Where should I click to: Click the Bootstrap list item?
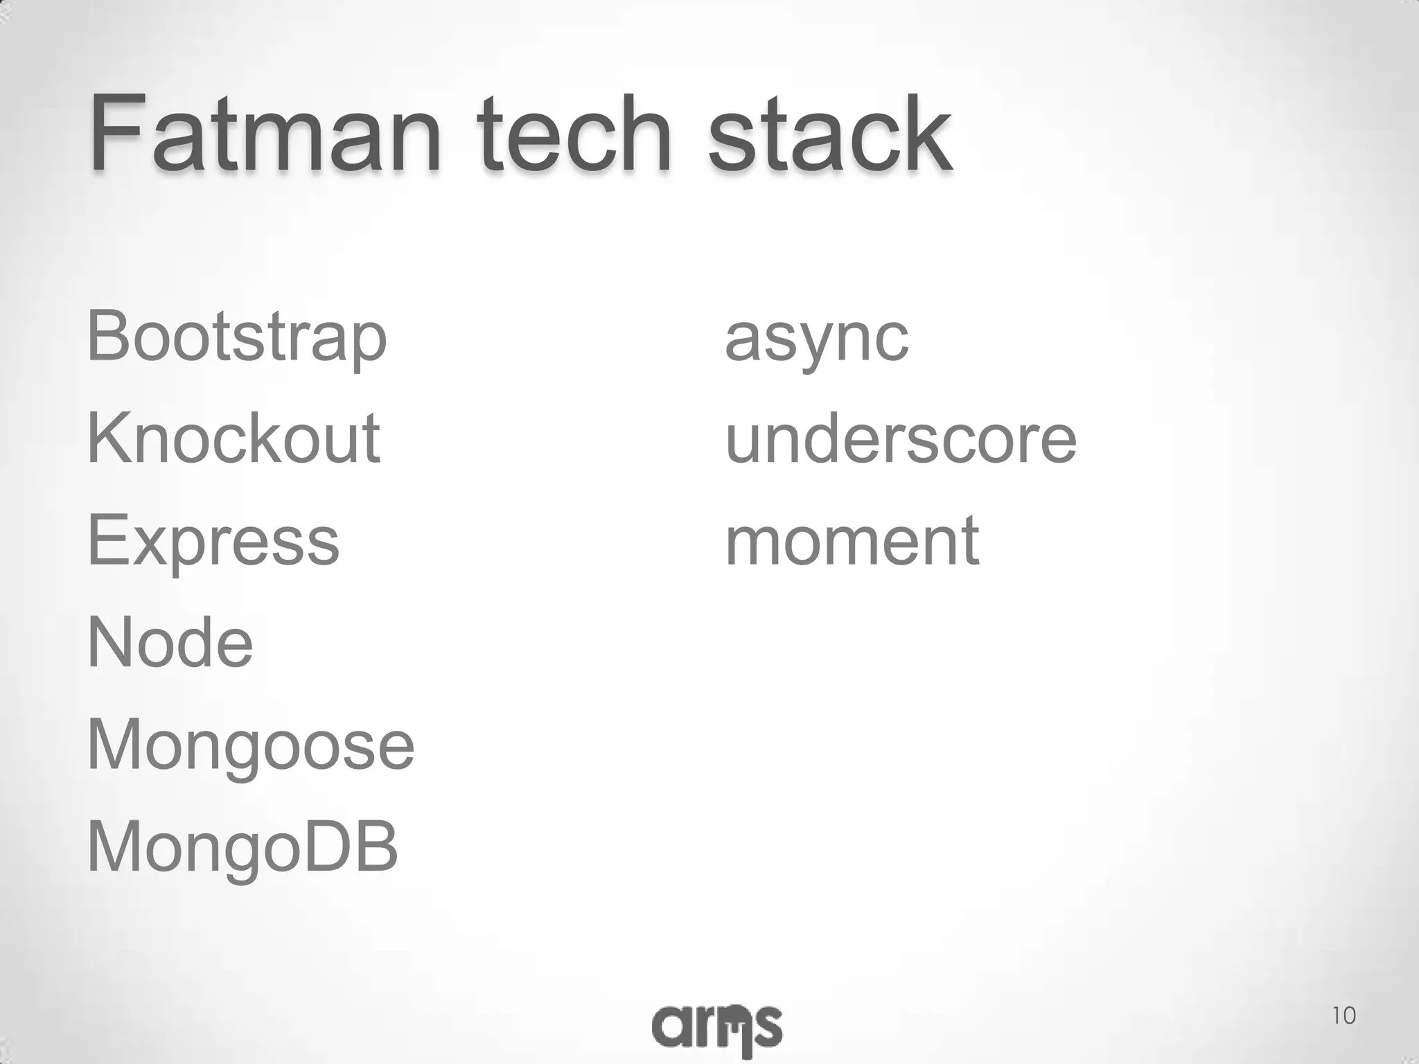pyautogui.click(x=236, y=338)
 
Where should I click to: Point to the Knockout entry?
pyautogui.click(x=233, y=438)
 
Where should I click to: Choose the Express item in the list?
pyautogui.click(x=213, y=541)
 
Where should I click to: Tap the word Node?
pyautogui.click(x=170, y=643)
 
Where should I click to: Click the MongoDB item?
pyautogui.click(x=242, y=847)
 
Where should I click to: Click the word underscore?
pyautogui.click(x=901, y=439)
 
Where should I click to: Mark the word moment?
pyautogui.click(x=852, y=541)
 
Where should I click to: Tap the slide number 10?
pyautogui.click(x=1343, y=1016)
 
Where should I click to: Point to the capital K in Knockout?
pyautogui.click(x=111, y=438)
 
